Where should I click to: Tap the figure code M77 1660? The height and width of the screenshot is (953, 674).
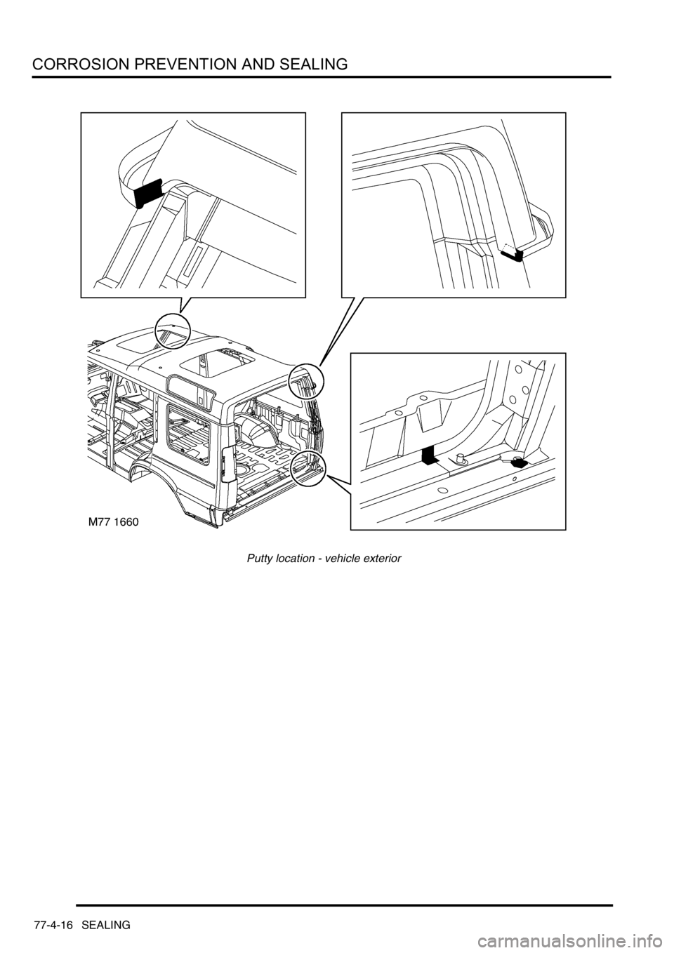click(113, 521)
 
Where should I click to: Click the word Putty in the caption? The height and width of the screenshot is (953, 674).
click(260, 559)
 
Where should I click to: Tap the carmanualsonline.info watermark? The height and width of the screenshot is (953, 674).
click(595, 940)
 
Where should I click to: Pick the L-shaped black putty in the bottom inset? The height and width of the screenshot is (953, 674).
click(430, 455)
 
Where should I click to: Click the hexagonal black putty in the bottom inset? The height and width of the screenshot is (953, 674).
click(520, 462)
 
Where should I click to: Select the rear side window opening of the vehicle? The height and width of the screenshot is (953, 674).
click(188, 431)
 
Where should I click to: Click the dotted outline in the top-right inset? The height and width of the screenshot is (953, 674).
click(509, 247)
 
